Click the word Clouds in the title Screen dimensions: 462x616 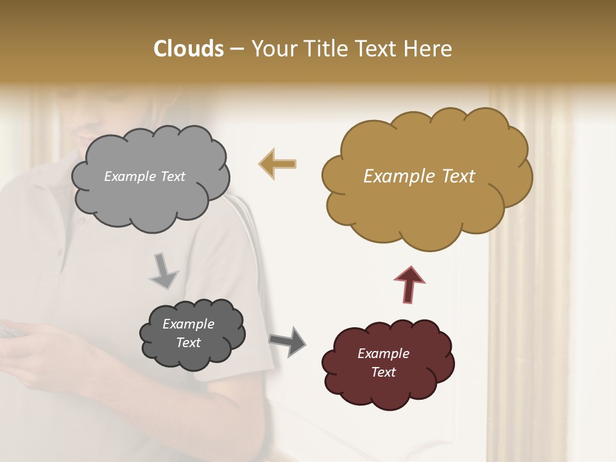(x=189, y=49)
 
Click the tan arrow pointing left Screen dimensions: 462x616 (x=277, y=164)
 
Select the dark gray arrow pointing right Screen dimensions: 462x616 (x=287, y=341)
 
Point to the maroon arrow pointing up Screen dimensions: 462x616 (x=409, y=284)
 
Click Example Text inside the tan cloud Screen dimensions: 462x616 (x=419, y=176)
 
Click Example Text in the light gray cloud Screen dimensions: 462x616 (x=144, y=176)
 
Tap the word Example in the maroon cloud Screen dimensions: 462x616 (x=383, y=354)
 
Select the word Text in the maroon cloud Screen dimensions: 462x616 (x=383, y=372)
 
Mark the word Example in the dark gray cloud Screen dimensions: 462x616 (x=188, y=324)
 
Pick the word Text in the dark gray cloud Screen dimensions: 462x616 (x=188, y=343)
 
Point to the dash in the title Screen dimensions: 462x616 (x=236, y=49)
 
